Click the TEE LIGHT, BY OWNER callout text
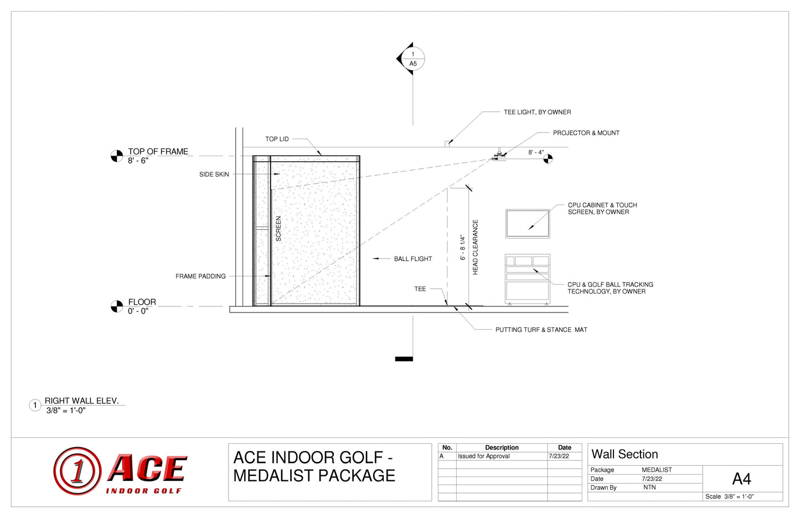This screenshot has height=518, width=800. (x=537, y=112)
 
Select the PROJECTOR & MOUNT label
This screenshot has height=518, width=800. (x=586, y=133)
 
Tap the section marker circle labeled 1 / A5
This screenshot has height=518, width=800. (x=413, y=59)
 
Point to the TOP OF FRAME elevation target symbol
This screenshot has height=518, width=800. (x=117, y=156)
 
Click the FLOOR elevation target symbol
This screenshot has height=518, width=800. (x=117, y=306)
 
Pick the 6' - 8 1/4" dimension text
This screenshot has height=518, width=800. (x=463, y=248)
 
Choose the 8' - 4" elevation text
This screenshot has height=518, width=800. (x=536, y=152)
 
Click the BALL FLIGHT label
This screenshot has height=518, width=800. (x=413, y=259)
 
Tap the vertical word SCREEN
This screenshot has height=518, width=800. (x=278, y=228)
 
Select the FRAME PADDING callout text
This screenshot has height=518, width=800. (x=200, y=276)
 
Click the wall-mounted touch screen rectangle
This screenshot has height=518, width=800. (x=528, y=224)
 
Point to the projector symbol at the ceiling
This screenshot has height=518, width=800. (x=499, y=156)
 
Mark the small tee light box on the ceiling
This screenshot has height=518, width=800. (x=447, y=144)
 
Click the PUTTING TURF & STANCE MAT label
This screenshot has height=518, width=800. (x=541, y=330)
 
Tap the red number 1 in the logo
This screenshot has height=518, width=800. (x=78, y=471)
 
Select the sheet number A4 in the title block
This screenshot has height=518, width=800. (x=741, y=479)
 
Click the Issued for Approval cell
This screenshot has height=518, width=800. (x=483, y=456)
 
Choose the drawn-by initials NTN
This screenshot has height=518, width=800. (x=649, y=488)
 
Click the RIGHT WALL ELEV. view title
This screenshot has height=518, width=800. (x=81, y=401)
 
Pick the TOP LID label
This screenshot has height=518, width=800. (x=277, y=139)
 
